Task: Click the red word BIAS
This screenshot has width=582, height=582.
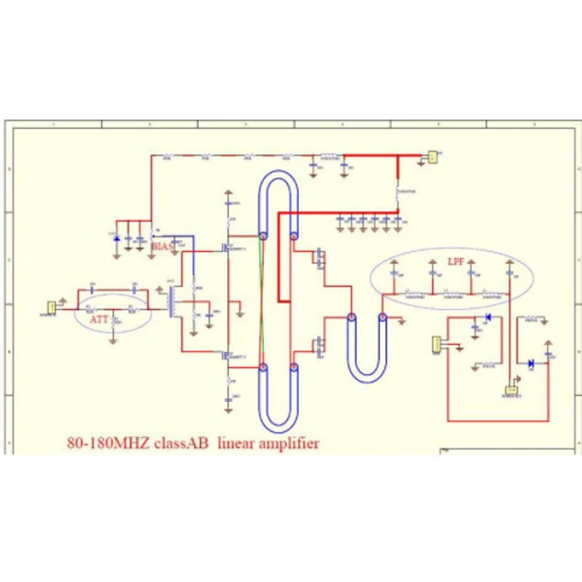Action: pos(162,247)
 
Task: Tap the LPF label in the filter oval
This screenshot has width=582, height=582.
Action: pos(455,260)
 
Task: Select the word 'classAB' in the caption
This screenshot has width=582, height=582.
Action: pos(181,442)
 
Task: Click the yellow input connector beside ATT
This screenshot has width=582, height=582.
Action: pos(52,308)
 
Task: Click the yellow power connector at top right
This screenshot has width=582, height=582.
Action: pos(432,156)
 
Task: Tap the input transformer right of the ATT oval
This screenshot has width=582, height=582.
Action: pos(173,301)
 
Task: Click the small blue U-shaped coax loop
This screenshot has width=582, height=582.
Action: pos(367,349)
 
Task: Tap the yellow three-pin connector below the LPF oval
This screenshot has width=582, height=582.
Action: pos(436,343)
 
